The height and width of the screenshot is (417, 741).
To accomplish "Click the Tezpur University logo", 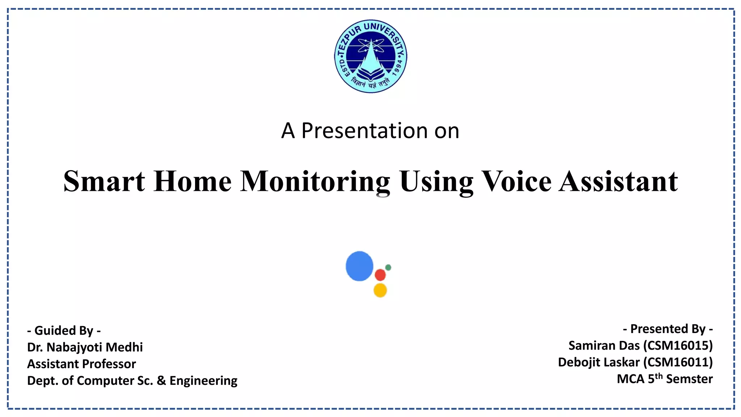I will [x=370, y=56].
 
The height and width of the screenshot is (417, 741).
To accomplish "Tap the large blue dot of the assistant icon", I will [x=359, y=266].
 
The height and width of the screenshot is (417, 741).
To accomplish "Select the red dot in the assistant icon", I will [x=380, y=275].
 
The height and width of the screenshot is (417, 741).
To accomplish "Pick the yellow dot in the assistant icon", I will [x=380, y=290].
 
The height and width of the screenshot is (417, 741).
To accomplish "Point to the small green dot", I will [x=388, y=268].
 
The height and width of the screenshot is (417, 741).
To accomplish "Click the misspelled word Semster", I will [x=689, y=379].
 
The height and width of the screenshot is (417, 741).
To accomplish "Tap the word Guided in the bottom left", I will [x=50, y=330].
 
